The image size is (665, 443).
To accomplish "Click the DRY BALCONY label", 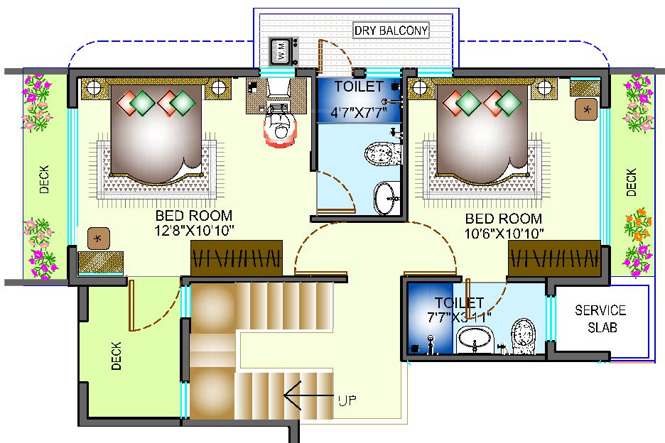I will [x=391, y=31].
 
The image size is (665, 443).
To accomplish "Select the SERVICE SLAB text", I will [x=600, y=319].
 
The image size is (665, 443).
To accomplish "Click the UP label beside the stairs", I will [x=347, y=400].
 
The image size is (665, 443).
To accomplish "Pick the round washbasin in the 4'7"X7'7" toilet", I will [x=386, y=197].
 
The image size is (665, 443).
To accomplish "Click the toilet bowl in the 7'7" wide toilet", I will [x=523, y=334].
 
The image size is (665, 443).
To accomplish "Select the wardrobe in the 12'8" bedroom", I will [x=236, y=257].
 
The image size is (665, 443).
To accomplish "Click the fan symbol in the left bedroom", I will [x=97, y=239].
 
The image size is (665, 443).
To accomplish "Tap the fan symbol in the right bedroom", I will [x=587, y=109].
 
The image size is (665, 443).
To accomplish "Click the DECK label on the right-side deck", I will [x=631, y=182].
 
